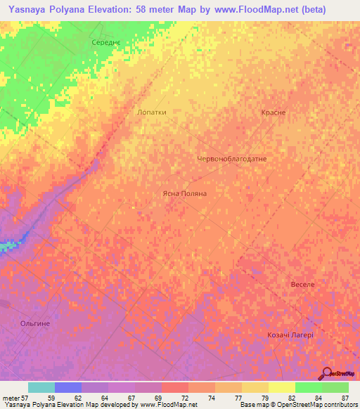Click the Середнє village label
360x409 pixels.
pyautogui.click(x=107, y=43)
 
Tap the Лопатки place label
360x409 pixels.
pyautogui.click(x=151, y=112)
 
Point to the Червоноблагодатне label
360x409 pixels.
pyautogui.click(x=231, y=159)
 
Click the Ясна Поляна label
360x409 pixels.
pyautogui.click(x=184, y=193)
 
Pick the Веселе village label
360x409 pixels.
pyautogui.click(x=302, y=285)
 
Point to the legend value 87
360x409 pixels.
pyautogui.click(x=345, y=397)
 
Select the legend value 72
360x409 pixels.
pyautogui.click(x=185, y=397)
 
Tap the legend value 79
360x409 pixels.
pyautogui.click(x=265, y=397)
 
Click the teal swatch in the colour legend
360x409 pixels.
pyautogui.click(x=41, y=387)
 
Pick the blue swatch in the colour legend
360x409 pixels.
pyautogui.click(x=68, y=387)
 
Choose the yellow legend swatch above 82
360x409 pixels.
pyautogui.click(x=282, y=387)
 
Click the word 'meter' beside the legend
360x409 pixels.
pyautogui.click(x=9, y=397)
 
